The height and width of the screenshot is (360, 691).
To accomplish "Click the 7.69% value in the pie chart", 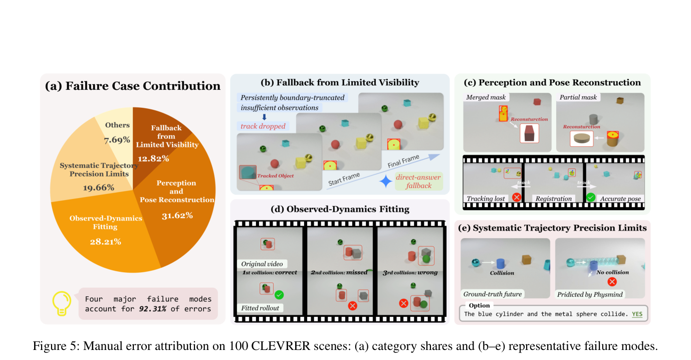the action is click(x=117, y=140).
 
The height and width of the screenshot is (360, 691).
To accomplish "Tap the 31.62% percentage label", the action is click(x=177, y=216).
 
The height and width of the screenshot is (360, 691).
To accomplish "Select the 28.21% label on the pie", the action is click(x=106, y=242).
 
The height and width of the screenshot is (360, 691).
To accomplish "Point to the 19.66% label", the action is click(x=99, y=188).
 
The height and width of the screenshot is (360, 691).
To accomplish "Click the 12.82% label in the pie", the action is click(x=153, y=159).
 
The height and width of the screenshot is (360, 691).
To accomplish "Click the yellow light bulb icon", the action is click(x=62, y=303).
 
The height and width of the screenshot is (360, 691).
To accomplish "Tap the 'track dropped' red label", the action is click(x=263, y=126).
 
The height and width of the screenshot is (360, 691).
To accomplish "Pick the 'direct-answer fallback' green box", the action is click(x=418, y=181).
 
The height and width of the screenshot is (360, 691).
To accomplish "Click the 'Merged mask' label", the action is click(x=486, y=97).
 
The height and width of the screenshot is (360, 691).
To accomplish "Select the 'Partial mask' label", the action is click(x=578, y=97).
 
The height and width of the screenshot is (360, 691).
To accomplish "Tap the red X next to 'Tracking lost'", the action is click(x=517, y=197).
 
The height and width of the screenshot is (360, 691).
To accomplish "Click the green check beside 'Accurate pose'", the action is click(x=590, y=197).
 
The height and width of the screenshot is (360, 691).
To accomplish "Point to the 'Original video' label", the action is click(x=262, y=264).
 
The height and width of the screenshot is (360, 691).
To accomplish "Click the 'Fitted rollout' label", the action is click(x=260, y=308).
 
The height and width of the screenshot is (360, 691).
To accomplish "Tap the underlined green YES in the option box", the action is click(x=637, y=314).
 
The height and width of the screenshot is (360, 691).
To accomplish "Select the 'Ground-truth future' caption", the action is click(x=493, y=294).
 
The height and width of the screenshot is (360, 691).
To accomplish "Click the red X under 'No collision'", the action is click(x=612, y=282).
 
